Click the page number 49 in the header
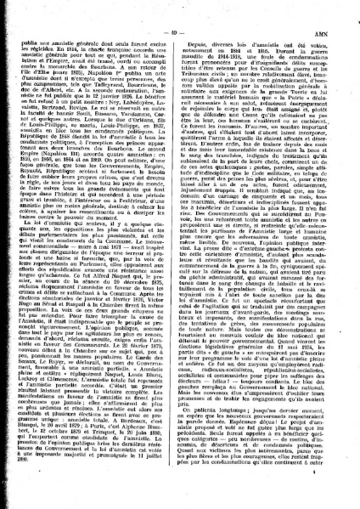point(178,9)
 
